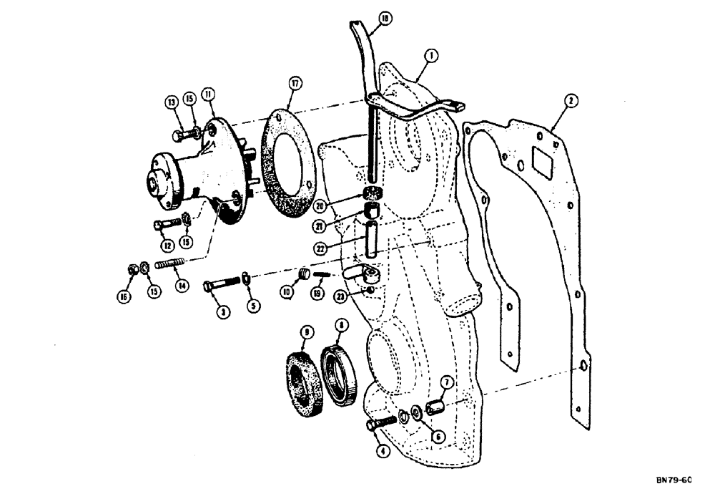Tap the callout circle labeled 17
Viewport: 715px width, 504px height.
pyautogui.click(x=293, y=84)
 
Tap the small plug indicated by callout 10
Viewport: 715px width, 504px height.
pyautogui.click(x=303, y=274)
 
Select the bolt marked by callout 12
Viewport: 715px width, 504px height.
pyautogui.click(x=163, y=225)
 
